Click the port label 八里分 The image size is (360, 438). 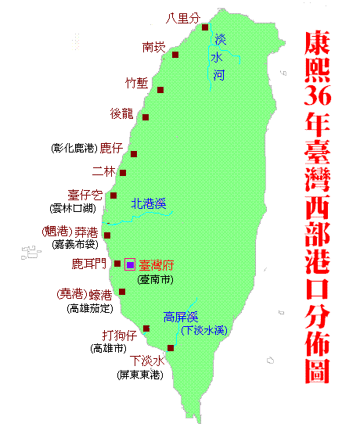tap(184, 16)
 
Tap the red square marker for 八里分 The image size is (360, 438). tap(205, 27)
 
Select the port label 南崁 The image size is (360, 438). tap(154, 47)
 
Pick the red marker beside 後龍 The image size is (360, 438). tap(146, 117)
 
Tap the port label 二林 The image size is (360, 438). tap(103, 171)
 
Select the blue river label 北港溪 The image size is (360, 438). tap(149, 205)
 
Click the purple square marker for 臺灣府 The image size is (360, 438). tap(130, 264)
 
